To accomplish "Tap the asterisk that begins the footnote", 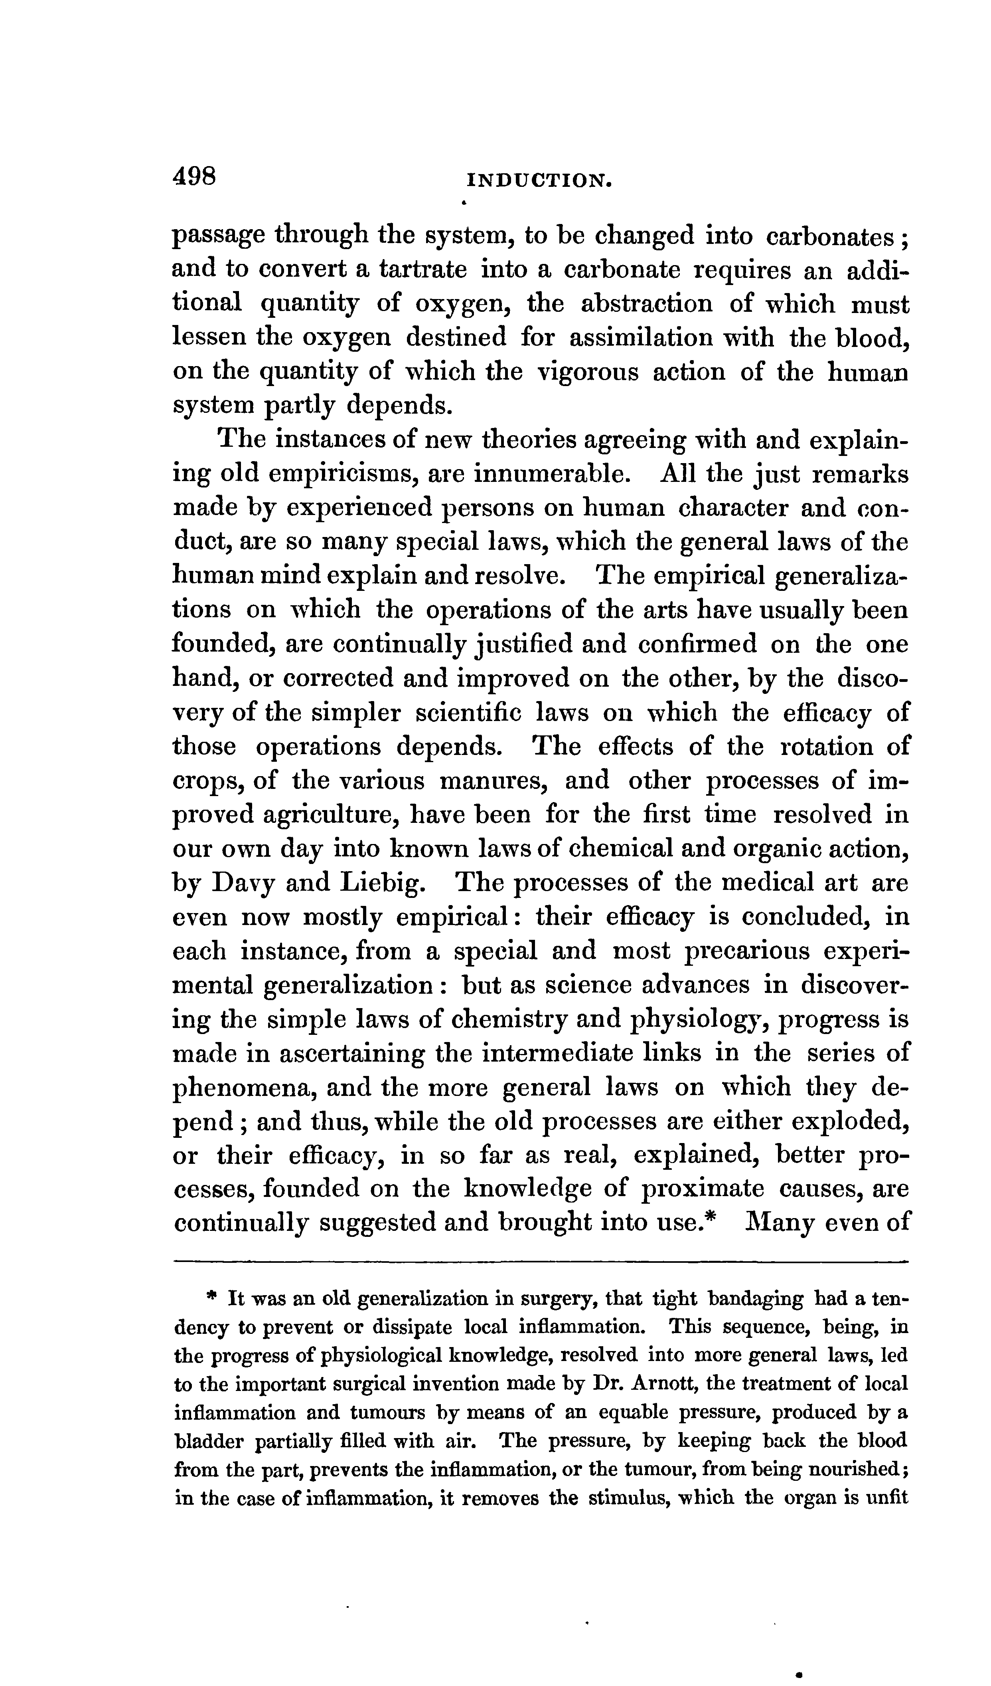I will click(212, 1299).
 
